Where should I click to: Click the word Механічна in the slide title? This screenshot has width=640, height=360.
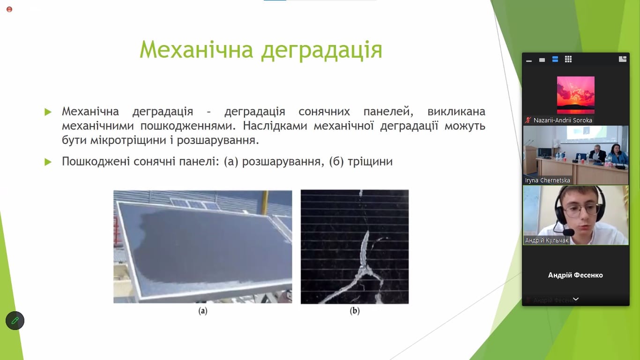pyautogui.click(x=196, y=50)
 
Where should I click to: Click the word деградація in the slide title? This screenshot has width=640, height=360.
pyautogui.click(x=322, y=51)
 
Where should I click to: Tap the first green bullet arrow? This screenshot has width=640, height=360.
pyautogui.click(x=48, y=112)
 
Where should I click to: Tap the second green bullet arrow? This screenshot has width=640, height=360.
pyautogui.click(x=48, y=162)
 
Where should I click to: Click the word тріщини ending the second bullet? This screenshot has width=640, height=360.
pyautogui.click(x=370, y=162)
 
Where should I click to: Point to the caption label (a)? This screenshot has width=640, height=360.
pyautogui.click(x=202, y=311)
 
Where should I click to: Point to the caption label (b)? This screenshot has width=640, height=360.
pyautogui.click(x=355, y=311)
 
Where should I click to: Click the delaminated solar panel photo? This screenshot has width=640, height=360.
pyautogui.click(x=202, y=247)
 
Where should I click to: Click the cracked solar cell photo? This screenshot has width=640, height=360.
pyautogui.click(x=355, y=247)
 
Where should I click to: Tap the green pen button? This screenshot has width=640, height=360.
pyautogui.click(x=15, y=321)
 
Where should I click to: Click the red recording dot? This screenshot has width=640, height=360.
pyautogui.click(x=9, y=9)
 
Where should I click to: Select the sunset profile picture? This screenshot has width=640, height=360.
pyautogui.click(x=575, y=95)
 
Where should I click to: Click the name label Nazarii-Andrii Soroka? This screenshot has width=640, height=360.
pyautogui.click(x=563, y=120)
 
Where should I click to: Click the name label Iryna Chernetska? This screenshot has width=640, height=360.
pyautogui.click(x=547, y=180)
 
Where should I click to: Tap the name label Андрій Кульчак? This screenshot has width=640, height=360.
pyautogui.click(x=547, y=240)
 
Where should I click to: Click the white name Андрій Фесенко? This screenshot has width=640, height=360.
pyautogui.click(x=575, y=275)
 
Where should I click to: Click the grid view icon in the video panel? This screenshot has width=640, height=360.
pyautogui.click(x=568, y=59)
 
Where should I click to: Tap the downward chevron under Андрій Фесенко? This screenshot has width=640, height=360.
pyautogui.click(x=576, y=299)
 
